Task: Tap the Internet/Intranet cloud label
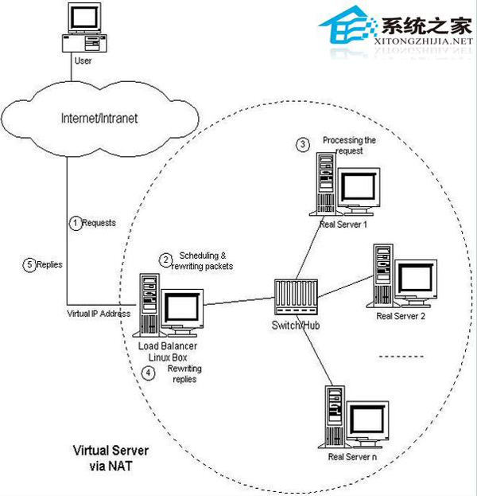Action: (x=99, y=119)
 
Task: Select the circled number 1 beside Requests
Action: (x=76, y=224)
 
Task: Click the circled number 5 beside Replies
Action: (x=29, y=263)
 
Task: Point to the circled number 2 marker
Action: (x=166, y=259)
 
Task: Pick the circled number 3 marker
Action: (x=302, y=144)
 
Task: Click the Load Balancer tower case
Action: (x=149, y=307)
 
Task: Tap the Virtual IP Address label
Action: (x=99, y=314)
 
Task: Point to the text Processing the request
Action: (x=349, y=145)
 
